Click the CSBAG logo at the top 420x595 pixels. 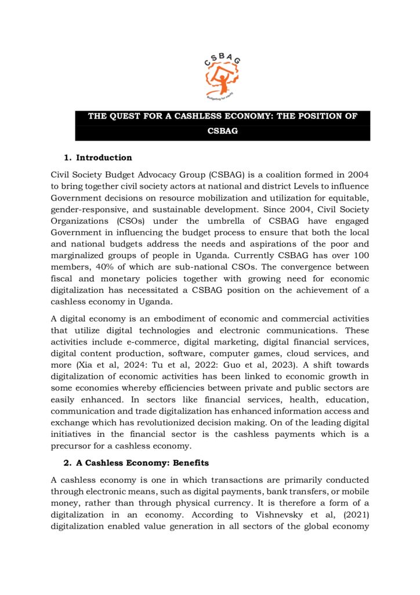[x=222, y=76]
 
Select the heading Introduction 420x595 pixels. [x=104, y=157]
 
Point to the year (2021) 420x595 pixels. [x=352, y=515]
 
